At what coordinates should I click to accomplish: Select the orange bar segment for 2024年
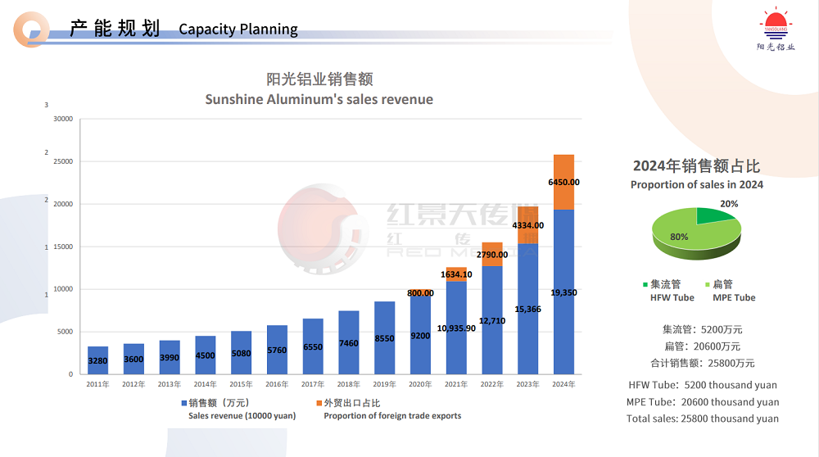click(563, 182)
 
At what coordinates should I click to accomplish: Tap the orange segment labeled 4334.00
click(527, 225)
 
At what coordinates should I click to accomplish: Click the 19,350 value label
click(563, 292)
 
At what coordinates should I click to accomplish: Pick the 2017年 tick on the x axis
click(313, 383)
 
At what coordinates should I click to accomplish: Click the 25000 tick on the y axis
click(62, 161)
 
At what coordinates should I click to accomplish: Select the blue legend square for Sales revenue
click(183, 403)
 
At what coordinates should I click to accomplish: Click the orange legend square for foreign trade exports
click(319, 403)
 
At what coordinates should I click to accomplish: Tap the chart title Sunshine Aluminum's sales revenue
click(319, 99)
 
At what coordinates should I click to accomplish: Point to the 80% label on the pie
click(680, 237)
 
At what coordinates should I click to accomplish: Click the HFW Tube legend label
click(672, 297)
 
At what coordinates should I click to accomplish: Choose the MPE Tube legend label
click(734, 297)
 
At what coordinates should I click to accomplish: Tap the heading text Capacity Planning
click(238, 29)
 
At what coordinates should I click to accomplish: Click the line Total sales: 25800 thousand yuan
click(702, 419)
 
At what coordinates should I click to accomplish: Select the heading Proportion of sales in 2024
click(697, 184)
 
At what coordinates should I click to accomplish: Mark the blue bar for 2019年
click(384, 337)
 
